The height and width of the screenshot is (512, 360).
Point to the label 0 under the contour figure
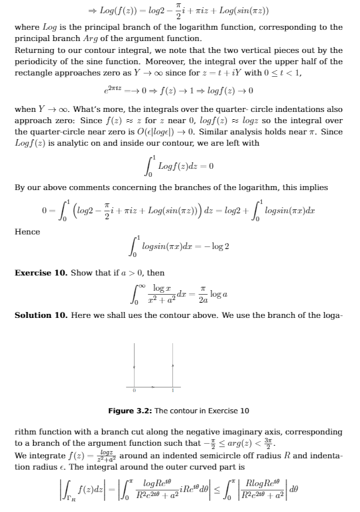pyautogui.click(x=135, y=391)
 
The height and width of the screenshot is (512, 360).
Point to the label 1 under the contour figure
pyautogui.click(x=173, y=391)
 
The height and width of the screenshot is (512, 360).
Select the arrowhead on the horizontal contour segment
pyautogui.click(x=154, y=385)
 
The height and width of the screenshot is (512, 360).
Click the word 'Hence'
pyautogui.click(x=27, y=232)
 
